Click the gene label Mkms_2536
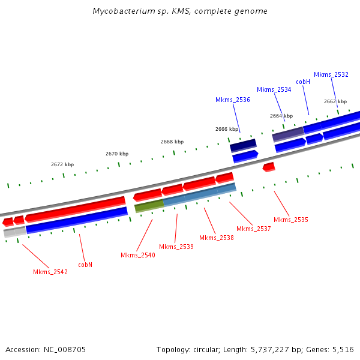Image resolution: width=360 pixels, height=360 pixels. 233,100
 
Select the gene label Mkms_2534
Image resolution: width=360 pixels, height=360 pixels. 274,89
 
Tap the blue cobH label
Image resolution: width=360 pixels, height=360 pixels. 303,82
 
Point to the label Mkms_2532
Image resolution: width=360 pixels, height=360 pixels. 331,74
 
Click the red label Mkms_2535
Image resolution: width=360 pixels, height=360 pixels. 291,220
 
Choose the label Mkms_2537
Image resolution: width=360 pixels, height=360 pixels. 254,229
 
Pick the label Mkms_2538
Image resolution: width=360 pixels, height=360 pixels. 217,238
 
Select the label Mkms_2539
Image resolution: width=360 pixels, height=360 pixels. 176,247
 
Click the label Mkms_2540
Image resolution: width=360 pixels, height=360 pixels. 138,255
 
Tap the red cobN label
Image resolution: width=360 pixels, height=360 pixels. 85,264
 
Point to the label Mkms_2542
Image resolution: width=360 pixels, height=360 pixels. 50,272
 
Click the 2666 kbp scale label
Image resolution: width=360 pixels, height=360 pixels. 227,129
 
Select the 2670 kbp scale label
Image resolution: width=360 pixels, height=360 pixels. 117,154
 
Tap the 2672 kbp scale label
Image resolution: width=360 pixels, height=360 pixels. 62,164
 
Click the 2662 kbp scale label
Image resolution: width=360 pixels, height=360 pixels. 335,101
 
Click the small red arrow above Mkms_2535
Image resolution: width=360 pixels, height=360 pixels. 269,167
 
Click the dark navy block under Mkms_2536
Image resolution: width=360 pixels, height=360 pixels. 243,146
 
